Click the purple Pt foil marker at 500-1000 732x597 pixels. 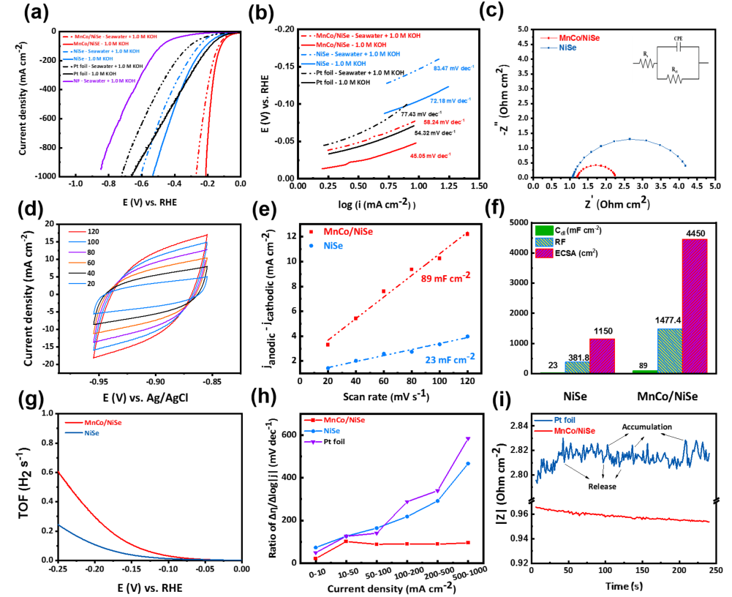point(467,439)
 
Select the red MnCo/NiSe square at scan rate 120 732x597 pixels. point(467,234)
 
